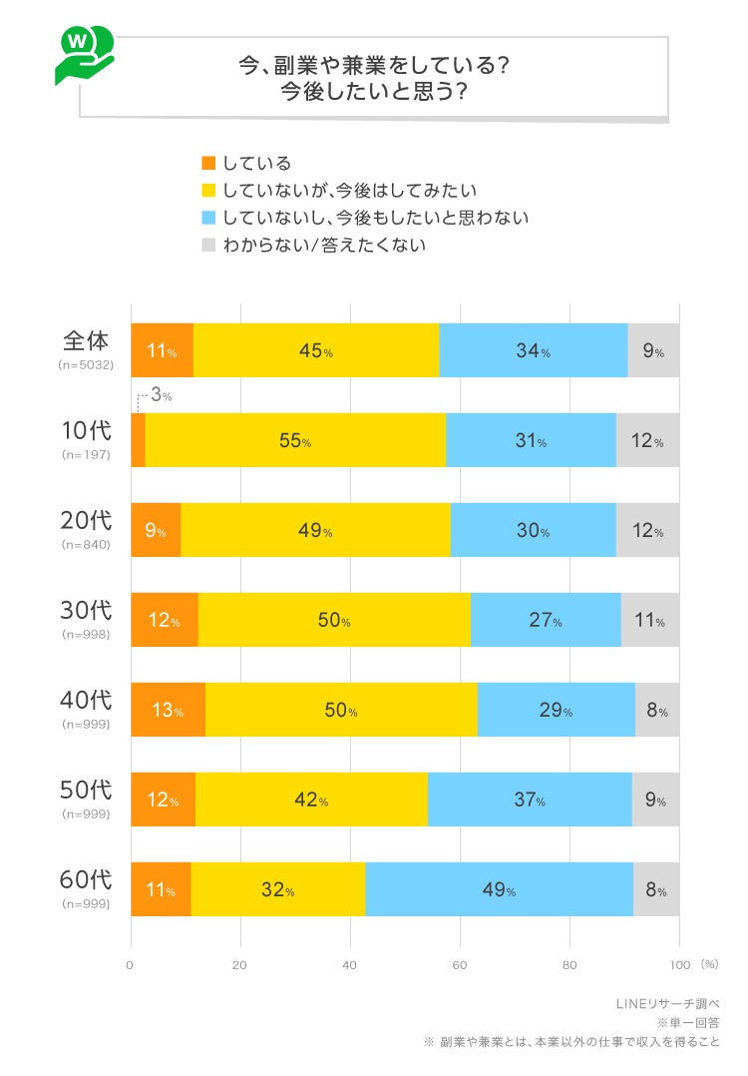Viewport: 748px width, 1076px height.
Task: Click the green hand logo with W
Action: [83, 55]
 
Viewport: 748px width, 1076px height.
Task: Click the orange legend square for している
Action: [208, 163]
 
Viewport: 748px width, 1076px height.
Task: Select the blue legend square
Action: [208, 217]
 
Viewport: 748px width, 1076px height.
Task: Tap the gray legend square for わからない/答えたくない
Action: [208, 244]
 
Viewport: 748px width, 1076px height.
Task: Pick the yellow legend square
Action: [208, 190]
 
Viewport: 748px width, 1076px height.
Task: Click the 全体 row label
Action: [86, 340]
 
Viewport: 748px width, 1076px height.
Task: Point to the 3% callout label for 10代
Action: [161, 395]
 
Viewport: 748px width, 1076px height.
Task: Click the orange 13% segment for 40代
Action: [168, 710]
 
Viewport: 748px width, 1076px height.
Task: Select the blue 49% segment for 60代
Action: [499, 889]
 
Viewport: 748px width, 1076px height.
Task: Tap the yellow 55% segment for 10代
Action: [295, 440]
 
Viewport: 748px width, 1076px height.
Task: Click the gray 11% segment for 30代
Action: [649, 620]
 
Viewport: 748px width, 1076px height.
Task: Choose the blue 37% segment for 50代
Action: [529, 800]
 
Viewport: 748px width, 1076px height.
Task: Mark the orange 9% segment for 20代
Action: [156, 530]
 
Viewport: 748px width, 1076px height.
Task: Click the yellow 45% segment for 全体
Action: [315, 350]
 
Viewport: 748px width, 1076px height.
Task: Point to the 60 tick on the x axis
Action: [460, 965]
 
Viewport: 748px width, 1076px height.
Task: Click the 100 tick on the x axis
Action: [679, 965]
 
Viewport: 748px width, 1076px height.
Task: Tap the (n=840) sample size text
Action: [86, 545]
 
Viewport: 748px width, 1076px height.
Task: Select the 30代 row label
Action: [86, 610]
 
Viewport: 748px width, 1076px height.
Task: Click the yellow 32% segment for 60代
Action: [277, 889]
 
